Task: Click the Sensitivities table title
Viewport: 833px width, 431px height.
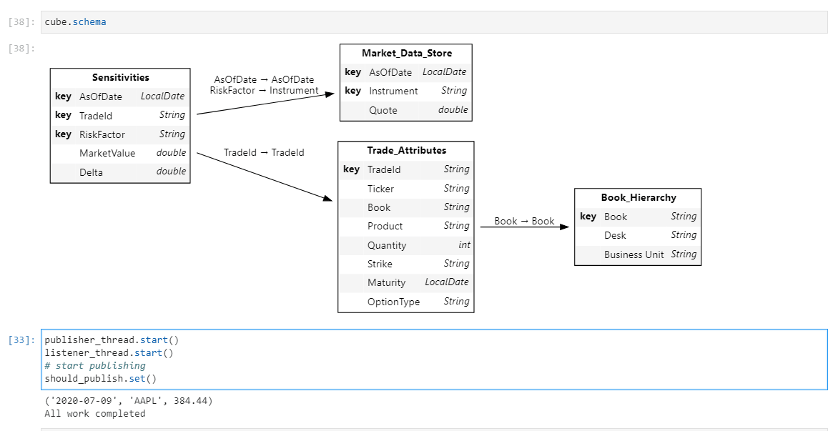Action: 120,77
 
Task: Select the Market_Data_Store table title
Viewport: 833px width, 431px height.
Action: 406,53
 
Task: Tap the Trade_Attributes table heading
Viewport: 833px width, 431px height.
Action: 406,150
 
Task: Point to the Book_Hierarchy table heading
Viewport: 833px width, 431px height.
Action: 638,197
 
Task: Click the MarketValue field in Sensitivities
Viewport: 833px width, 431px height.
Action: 107,153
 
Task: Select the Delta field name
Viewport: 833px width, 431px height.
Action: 91,172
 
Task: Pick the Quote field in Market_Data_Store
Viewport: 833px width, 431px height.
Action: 383,110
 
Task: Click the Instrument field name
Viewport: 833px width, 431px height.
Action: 393,91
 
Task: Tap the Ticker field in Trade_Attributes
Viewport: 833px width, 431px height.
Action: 380,189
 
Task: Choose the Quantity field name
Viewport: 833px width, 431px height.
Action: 387,245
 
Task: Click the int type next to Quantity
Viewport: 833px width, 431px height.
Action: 464,245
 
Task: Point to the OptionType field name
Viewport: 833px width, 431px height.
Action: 393,302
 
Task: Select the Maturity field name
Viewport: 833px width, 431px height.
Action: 386,282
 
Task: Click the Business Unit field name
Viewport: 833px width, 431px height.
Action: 634,254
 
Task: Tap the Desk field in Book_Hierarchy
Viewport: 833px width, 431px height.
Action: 615,235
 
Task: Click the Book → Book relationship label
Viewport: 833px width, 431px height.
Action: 524,221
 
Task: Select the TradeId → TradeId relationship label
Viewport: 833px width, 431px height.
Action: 264,152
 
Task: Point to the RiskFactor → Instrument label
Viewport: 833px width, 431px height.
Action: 265,91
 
